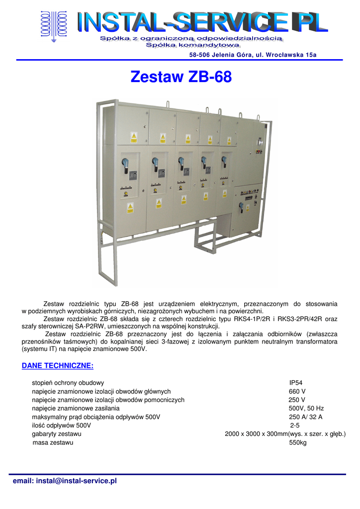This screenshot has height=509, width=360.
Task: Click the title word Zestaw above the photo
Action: [x=157, y=78]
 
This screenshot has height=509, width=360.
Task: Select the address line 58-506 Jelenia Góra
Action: [x=253, y=55]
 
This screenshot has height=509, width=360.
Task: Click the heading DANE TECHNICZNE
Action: [x=58, y=366]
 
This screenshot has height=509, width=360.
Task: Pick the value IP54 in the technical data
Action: [x=296, y=383]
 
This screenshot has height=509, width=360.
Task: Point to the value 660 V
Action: [x=297, y=392]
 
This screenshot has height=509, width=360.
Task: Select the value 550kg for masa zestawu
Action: [x=298, y=443]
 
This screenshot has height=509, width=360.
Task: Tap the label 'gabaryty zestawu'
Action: [x=57, y=434]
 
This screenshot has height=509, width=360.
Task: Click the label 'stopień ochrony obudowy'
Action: [x=68, y=383]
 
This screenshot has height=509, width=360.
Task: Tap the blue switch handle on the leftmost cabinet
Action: [x=125, y=163]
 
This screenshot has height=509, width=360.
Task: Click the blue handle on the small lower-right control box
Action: [x=241, y=205]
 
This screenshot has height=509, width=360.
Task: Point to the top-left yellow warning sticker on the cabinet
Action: [x=133, y=136]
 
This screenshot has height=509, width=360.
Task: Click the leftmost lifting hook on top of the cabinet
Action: [x=167, y=105]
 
